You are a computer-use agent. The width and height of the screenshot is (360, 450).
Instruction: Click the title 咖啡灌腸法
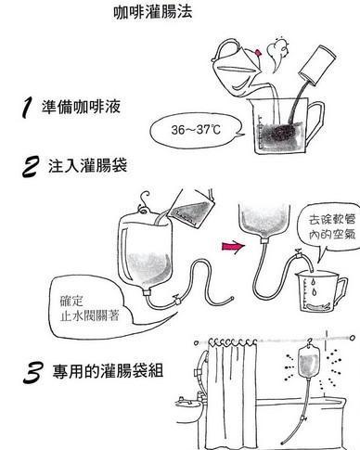click(153, 12)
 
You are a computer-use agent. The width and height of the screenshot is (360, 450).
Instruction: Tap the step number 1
click(27, 108)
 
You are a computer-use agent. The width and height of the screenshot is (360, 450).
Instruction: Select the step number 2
click(31, 167)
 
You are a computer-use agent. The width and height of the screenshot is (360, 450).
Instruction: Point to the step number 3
click(32, 373)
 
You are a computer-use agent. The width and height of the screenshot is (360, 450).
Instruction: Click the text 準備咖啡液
click(81, 107)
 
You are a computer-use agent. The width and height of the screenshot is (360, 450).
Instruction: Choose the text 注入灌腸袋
click(87, 165)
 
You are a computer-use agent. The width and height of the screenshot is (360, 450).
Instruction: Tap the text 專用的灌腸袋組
click(108, 370)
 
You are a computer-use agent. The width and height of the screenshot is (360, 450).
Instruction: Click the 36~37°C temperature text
click(196, 130)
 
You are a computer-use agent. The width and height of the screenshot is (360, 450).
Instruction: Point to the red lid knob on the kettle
click(258, 53)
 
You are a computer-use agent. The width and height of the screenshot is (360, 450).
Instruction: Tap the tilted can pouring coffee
click(317, 66)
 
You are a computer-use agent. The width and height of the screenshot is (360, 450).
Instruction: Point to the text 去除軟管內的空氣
click(332, 227)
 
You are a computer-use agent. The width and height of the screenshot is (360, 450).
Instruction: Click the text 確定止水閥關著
click(89, 309)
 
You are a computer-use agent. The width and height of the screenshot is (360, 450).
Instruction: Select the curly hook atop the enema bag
click(144, 203)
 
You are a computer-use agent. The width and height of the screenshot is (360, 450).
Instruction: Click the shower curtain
click(232, 392)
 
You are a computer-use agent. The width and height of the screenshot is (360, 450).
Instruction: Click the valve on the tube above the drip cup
click(299, 253)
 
